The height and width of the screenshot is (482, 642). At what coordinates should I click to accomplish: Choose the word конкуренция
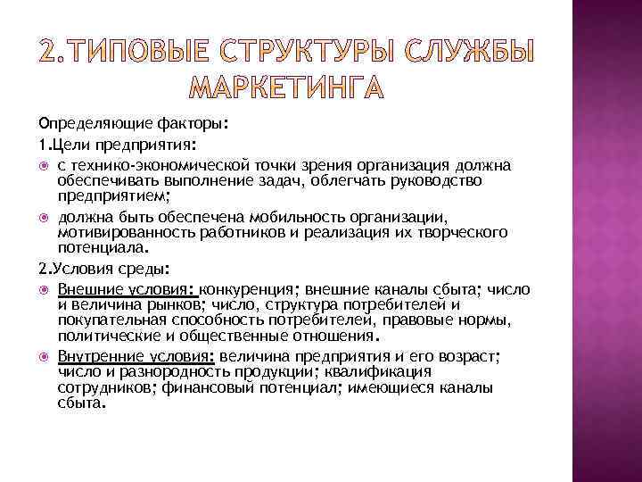252,289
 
